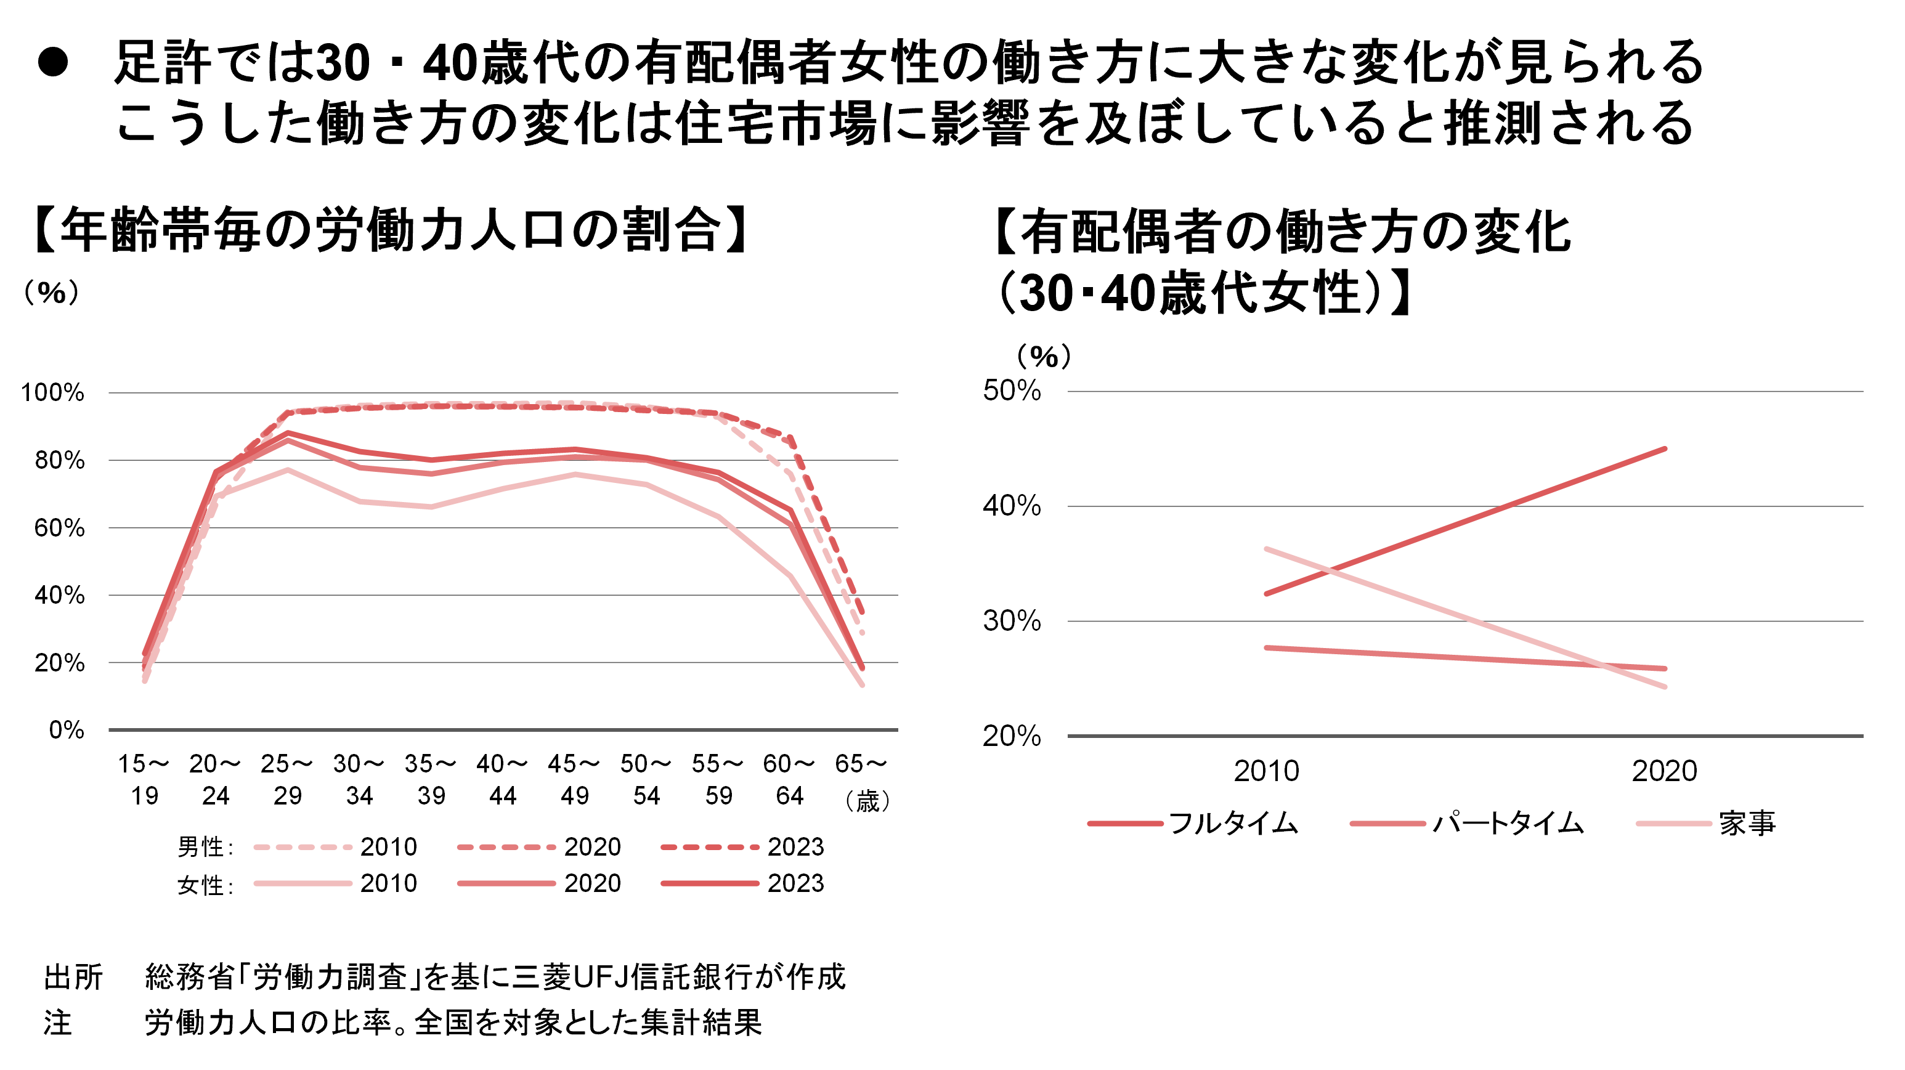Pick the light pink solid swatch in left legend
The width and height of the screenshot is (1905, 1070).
[303, 883]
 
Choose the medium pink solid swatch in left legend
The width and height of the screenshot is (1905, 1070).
[506, 883]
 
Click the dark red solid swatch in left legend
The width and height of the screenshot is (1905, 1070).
[710, 883]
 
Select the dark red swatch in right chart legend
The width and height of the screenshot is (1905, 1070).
[1125, 824]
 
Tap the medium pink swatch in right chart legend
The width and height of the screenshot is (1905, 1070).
[1387, 824]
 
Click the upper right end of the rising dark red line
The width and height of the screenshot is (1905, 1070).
[1665, 449]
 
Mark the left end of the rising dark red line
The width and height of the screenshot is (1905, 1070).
[1267, 594]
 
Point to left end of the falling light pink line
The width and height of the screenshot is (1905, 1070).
[1267, 549]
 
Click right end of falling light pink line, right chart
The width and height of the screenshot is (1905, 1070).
[1665, 687]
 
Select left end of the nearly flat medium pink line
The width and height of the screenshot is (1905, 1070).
[1267, 648]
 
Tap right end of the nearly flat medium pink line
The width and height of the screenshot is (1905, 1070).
[1665, 668]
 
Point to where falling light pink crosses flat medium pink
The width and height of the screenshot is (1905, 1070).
[1607, 667]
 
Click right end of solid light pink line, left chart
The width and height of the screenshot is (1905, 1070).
[863, 686]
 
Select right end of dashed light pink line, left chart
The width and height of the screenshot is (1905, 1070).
[863, 633]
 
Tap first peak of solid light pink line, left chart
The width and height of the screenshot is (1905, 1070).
[288, 469]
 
